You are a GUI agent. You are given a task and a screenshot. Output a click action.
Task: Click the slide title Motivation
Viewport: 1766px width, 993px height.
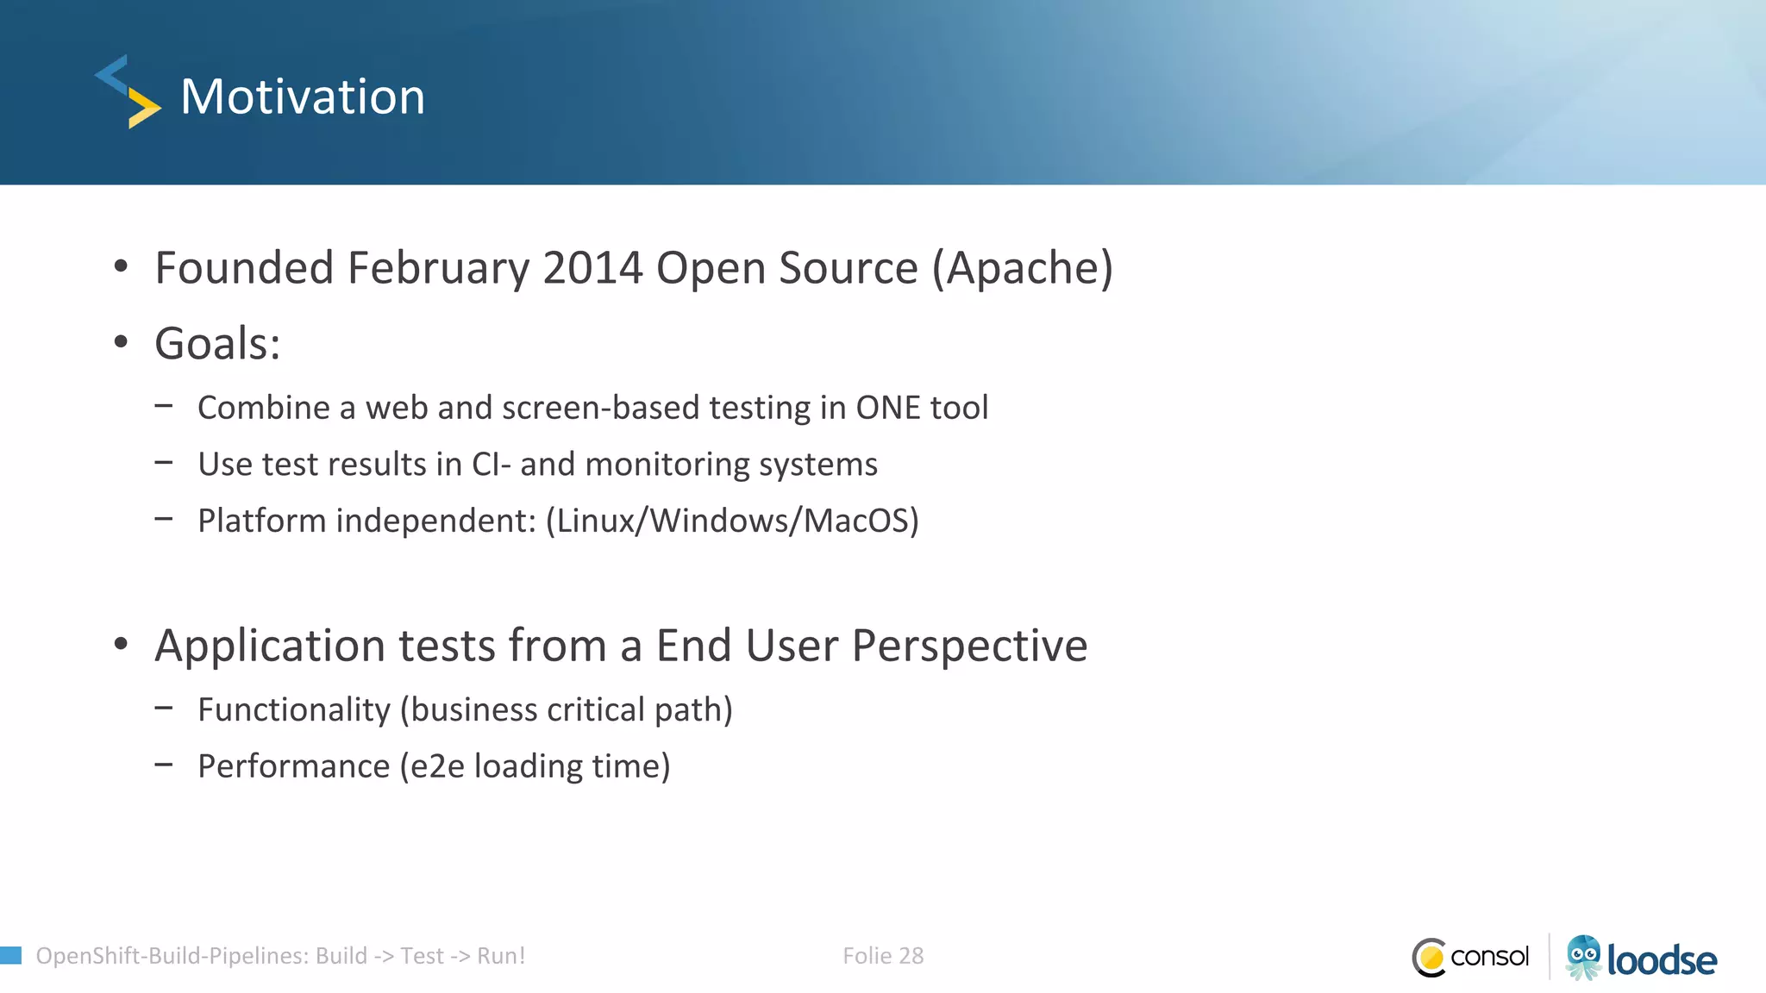click(x=303, y=97)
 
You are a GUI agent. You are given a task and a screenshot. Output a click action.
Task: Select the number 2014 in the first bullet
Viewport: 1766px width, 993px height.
click(x=592, y=268)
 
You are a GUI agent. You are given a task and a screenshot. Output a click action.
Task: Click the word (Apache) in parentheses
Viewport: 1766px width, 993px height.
click(x=1023, y=268)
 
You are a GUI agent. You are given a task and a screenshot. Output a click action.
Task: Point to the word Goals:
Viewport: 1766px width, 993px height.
click(x=217, y=344)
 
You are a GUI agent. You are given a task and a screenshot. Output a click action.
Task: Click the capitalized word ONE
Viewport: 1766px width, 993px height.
click(x=888, y=408)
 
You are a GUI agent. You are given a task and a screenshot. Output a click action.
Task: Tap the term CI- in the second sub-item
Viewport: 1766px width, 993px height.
click(x=492, y=465)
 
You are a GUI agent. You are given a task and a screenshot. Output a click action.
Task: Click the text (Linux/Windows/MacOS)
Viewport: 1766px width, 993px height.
click(x=732, y=521)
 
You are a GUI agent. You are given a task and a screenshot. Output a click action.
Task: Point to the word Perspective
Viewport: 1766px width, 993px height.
click(x=969, y=646)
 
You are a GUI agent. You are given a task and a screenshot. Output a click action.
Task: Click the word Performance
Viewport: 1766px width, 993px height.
click(x=294, y=766)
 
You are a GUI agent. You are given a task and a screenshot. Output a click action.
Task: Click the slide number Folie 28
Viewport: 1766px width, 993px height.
click(x=883, y=956)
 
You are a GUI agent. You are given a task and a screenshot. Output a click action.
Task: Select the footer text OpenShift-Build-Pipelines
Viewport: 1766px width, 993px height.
click(x=169, y=956)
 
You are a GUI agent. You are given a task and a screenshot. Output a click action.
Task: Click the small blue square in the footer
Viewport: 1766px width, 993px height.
click(x=10, y=955)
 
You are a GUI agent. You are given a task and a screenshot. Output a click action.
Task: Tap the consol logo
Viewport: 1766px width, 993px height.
click(x=1471, y=957)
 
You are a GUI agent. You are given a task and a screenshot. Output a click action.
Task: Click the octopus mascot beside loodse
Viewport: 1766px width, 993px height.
click(x=1583, y=957)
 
